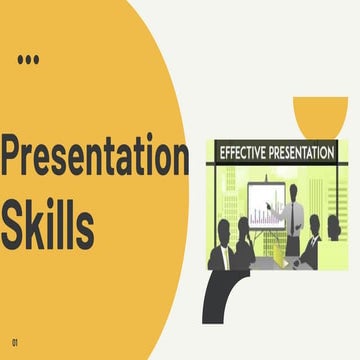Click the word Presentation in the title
click(x=94, y=158)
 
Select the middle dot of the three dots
click(x=29, y=60)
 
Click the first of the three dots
click(x=21, y=60)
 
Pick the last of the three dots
click(x=37, y=60)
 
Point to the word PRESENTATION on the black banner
click(x=298, y=152)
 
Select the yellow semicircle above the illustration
click(x=320, y=112)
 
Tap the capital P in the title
click(x=14, y=158)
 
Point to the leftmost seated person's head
click(x=222, y=227)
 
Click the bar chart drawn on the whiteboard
click(x=262, y=212)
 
